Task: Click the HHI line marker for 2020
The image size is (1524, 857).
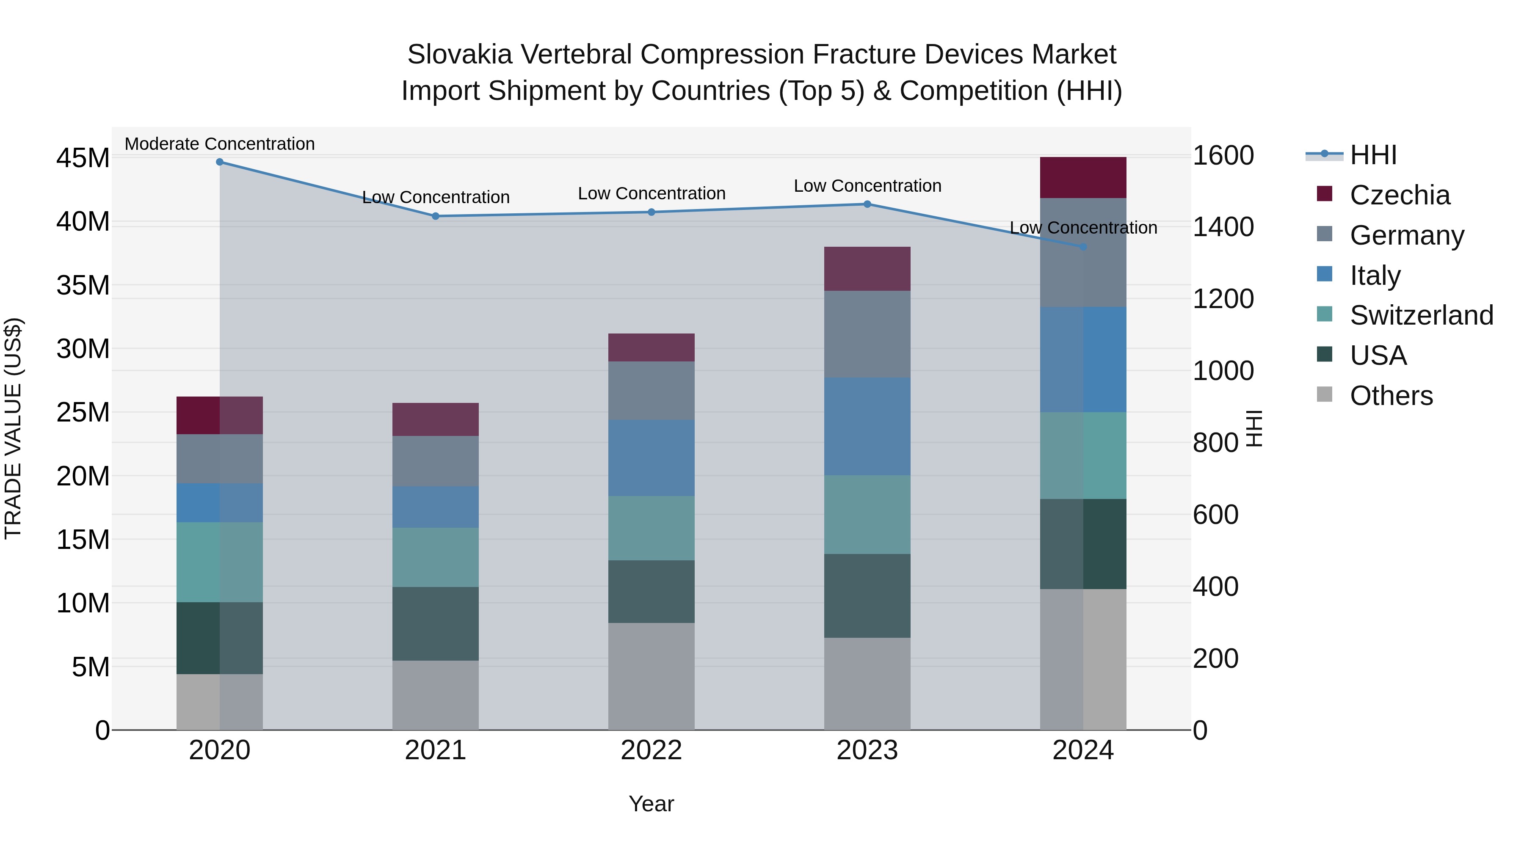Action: (x=219, y=162)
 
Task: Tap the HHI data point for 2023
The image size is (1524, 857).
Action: (x=867, y=204)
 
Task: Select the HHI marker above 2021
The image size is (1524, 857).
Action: (x=436, y=216)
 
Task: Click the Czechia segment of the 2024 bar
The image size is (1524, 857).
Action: (x=1083, y=177)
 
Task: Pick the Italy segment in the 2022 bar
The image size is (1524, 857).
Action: (x=652, y=458)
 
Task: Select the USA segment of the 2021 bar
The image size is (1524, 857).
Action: (x=436, y=623)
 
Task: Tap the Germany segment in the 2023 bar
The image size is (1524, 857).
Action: (x=867, y=334)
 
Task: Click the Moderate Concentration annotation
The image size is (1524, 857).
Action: (x=219, y=144)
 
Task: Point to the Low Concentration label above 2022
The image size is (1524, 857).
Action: (x=652, y=193)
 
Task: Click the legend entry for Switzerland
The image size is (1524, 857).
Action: (x=1421, y=315)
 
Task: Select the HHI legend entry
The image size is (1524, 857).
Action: (x=1372, y=155)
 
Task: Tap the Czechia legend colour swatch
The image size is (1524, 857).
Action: (x=1325, y=194)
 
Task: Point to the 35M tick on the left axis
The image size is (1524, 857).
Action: (x=83, y=285)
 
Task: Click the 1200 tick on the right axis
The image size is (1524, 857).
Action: (x=1223, y=299)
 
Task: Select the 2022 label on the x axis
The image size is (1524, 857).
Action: (x=652, y=750)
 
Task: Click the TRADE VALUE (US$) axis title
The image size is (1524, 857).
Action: (x=13, y=428)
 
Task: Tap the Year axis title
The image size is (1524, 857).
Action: (x=652, y=804)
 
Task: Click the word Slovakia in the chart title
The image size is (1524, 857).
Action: (x=460, y=55)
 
